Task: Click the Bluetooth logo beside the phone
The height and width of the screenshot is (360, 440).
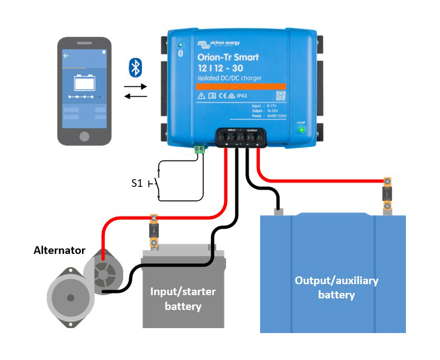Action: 135,67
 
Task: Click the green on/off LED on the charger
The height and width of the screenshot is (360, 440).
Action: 301,130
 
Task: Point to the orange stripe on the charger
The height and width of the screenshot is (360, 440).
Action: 241,86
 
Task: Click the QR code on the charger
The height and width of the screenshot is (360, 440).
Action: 281,96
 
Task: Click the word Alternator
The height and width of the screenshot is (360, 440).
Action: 59,251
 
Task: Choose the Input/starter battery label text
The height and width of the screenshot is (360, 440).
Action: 183,298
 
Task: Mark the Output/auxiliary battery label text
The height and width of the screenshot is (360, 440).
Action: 337,287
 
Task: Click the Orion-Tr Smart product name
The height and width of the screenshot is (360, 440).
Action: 228,57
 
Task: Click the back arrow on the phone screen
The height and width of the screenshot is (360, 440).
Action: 66,56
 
